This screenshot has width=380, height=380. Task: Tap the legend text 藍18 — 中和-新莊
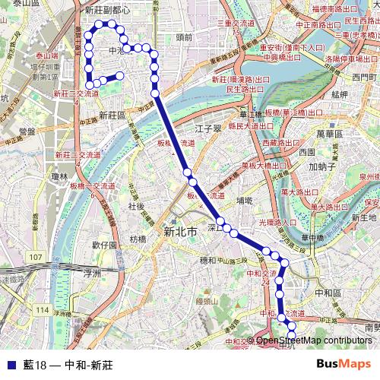click(68, 365)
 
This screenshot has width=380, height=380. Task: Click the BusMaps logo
click(345, 364)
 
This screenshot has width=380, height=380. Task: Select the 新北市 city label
click(180, 232)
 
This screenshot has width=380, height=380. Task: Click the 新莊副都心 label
click(107, 11)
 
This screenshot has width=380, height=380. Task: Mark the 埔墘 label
click(245, 201)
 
